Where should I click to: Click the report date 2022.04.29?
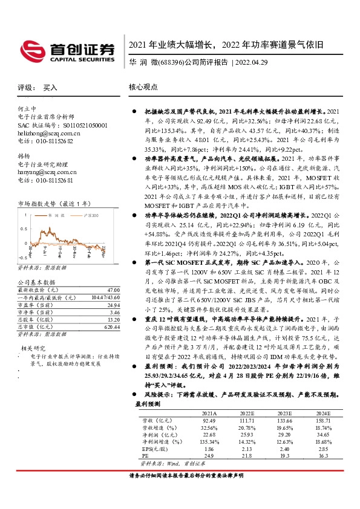(254, 62)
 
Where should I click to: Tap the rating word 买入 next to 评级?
(50, 88)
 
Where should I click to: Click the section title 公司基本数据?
(36, 282)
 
